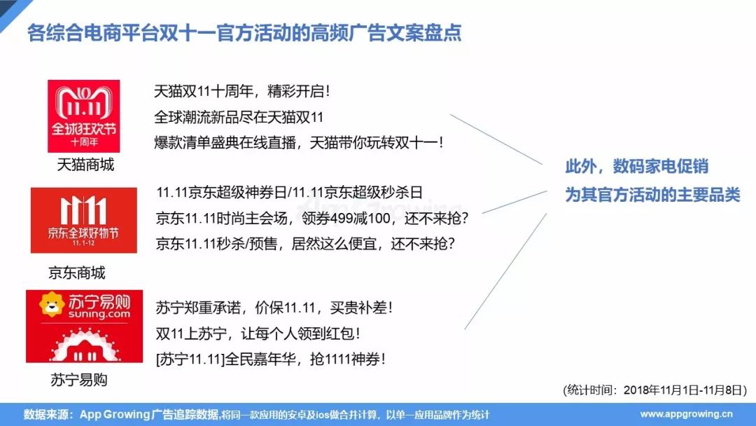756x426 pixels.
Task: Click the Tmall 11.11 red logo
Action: (x=83, y=116)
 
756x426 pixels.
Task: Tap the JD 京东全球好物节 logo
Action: (x=74, y=220)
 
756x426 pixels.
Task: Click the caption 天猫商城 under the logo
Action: (x=85, y=165)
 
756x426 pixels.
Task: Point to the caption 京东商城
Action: (x=77, y=273)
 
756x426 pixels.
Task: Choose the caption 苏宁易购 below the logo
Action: (x=79, y=380)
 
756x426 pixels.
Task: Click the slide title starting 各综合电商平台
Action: (x=244, y=33)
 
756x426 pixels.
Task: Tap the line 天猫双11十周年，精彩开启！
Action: (x=241, y=91)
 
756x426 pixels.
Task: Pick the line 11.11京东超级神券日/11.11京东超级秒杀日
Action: (x=290, y=193)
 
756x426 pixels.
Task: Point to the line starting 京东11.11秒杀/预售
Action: (x=305, y=243)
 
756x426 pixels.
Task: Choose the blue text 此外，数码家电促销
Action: (x=636, y=167)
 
